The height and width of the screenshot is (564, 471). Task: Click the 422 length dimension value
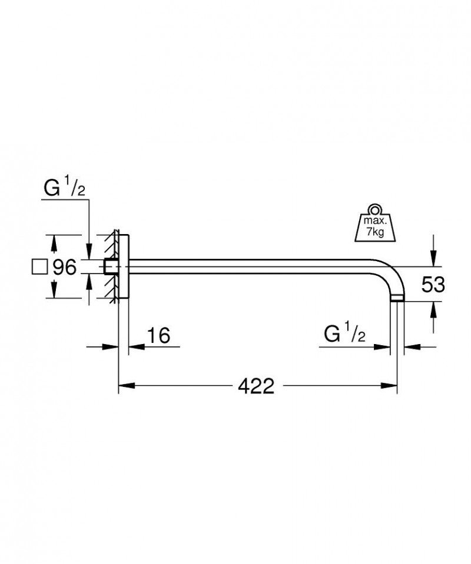[257, 386]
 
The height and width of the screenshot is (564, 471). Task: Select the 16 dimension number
[157, 335]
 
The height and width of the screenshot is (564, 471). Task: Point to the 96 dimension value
[65, 268]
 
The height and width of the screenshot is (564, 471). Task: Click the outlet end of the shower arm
[397, 299]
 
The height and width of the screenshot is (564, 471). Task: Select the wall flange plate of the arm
[124, 268]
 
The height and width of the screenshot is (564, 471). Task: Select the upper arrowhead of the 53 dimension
[433, 253]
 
